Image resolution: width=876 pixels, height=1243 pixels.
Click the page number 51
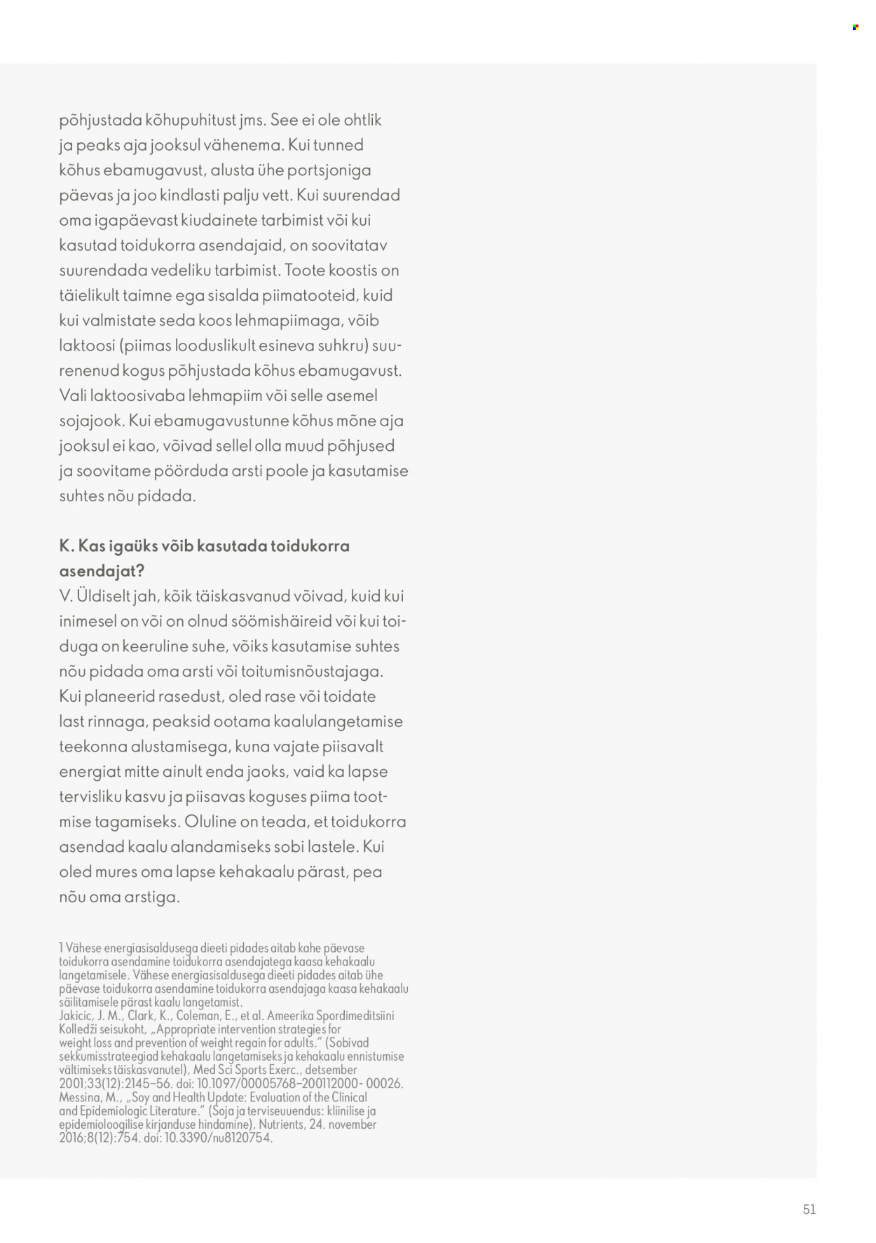(809, 1209)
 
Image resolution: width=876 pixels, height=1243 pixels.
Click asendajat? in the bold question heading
(102, 571)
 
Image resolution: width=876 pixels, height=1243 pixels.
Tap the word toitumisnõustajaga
(312, 672)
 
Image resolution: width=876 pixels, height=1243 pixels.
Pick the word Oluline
(211, 822)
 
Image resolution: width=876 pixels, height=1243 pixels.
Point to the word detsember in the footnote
(329, 1071)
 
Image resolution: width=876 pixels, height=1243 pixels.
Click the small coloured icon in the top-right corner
(855, 27)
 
